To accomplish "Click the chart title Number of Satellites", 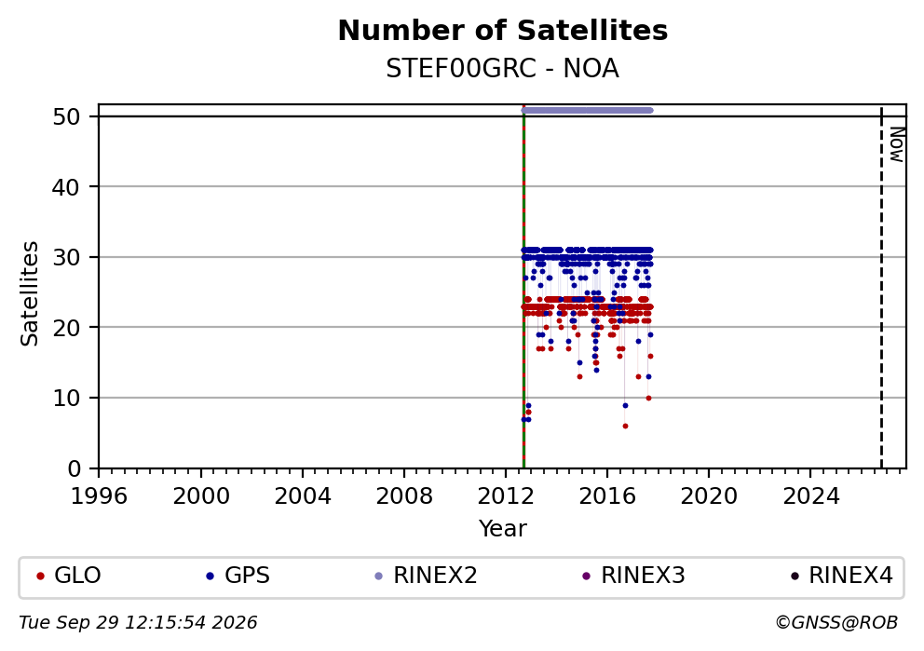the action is point(503,31).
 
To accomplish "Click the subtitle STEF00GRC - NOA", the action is point(503,68).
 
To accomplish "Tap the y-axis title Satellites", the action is point(30,293).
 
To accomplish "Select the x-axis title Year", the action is point(503,528).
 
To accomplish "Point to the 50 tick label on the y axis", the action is point(66,116).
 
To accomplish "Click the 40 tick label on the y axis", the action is point(66,187).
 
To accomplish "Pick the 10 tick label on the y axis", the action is point(66,398).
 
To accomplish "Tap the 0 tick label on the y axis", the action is point(74,468).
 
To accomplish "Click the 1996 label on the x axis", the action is point(99,496).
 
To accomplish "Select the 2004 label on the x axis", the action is point(303,496).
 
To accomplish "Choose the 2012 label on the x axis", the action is point(506,496).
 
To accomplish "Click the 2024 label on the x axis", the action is point(810,496).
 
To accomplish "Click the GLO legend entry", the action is point(69,576).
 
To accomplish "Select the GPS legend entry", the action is point(238,576).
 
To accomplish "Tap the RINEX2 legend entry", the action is point(426,576).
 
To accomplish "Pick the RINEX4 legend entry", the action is point(842,576).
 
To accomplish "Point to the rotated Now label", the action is point(896,144).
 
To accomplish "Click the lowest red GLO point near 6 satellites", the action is point(625,426).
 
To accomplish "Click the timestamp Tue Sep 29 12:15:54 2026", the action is point(138,623).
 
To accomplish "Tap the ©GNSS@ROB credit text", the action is point(836,623).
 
